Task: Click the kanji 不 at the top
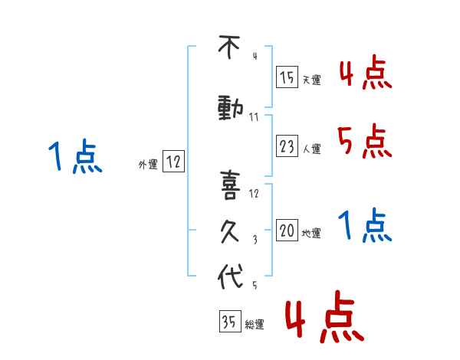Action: pos(229,47)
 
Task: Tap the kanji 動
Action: pos(231,109)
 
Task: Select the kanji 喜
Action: pos(230,185)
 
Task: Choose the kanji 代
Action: pos(231,276)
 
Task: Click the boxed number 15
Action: pos(287,77)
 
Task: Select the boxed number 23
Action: pos(287,146)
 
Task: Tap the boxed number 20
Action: pos(287,230)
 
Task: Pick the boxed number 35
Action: pos(230,321)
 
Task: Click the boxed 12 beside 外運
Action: pos(173,161)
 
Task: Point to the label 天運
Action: pos(312,80)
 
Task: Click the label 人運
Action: pos(312,149)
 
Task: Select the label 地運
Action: pos(311,233)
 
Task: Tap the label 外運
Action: pos(148,165)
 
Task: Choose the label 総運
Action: pos(255,324)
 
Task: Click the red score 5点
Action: pos(365,141)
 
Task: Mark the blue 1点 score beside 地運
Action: pos(365,225)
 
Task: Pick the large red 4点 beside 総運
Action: pos(325,316)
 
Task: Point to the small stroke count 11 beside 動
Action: pos(254,117)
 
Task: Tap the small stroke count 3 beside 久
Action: pos(255,240)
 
